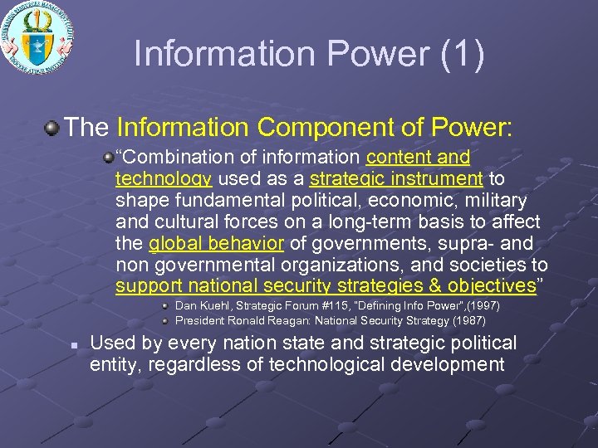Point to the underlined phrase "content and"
[418, 157]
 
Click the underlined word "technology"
[163, 178]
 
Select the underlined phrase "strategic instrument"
[395, 178]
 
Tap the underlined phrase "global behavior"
[216, 244]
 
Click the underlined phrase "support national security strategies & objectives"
[326, 286]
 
